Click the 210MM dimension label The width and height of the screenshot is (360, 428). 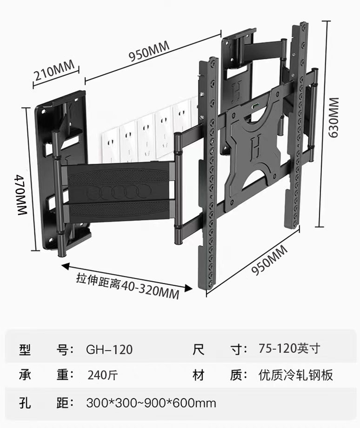[54, 72]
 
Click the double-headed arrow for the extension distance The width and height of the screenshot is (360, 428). [124, 275]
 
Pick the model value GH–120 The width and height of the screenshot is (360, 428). [109, 349]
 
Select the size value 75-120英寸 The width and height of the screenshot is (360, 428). [289, 349]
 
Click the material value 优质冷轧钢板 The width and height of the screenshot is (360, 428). [296, 375]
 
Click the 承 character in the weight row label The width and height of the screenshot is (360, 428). [25, 375]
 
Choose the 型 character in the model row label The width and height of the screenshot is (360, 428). [25, 349]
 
